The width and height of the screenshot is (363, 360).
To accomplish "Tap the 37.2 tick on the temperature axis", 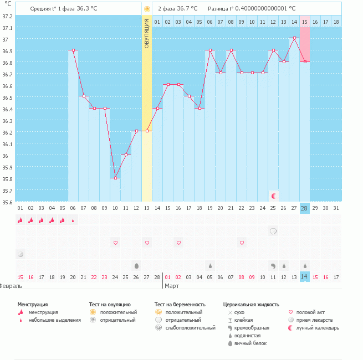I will point(7,16).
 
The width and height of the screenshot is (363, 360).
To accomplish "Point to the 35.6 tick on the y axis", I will point(7,202).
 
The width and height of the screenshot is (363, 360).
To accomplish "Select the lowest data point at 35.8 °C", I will point(115,178).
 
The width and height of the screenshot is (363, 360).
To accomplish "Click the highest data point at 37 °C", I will point(294,38).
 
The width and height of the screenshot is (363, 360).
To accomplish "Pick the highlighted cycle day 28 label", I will point(305,208).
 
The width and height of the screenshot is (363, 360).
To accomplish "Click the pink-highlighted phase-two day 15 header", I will point(305,22).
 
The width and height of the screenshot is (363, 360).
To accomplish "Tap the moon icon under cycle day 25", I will point(273,196).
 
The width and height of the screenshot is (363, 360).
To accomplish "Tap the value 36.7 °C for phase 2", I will point(190,9).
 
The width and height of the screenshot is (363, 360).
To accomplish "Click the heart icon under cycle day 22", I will point(242,243).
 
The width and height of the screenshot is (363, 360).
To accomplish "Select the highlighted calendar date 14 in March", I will point(305,276).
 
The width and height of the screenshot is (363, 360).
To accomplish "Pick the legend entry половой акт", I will point(310,312).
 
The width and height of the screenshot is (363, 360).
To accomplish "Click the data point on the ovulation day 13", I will point(147,131).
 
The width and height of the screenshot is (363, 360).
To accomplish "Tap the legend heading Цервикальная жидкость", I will point(251,304).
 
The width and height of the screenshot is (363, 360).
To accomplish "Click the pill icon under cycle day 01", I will point(21,254).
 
